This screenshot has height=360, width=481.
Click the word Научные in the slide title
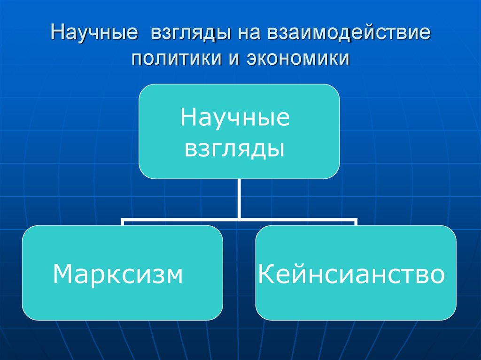tap(93, 35)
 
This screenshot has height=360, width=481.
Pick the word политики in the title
tap(178, 59)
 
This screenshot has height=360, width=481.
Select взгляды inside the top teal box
tap(235, 149)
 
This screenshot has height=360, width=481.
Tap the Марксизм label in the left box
tap(117, 274)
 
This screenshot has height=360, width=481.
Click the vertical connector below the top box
tap(239, 199)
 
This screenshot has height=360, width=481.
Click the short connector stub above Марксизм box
tap(123, 222)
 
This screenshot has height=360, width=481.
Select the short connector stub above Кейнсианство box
tap(356, 222)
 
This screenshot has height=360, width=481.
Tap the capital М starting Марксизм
tap(63, 274)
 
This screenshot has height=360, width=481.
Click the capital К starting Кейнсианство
tap(266, 274)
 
